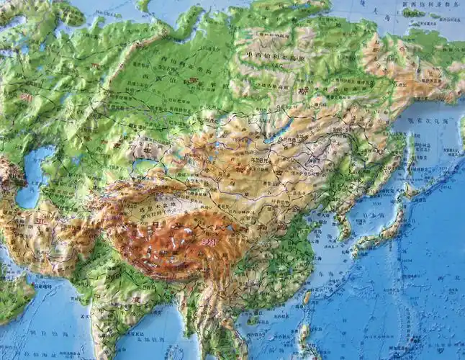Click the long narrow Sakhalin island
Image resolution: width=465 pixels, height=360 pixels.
412,155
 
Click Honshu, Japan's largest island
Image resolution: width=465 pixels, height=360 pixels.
392,230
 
